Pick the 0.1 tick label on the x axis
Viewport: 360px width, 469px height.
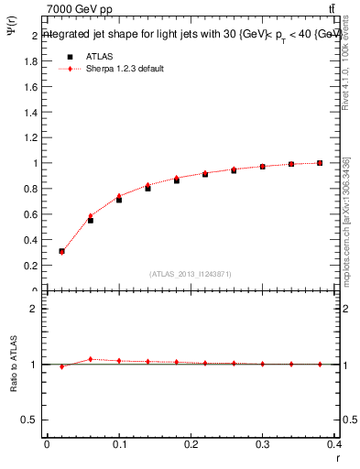click(x=119, y=444)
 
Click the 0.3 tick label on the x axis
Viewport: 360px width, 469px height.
click(x=263, y=444)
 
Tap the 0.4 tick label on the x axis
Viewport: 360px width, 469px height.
click(x=334, y=444)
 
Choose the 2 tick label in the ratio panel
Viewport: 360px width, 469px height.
click(x=35, y=309)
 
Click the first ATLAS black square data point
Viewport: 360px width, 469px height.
click(x=61, y=251)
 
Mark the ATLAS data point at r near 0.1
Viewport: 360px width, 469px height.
click(x=119, y=199)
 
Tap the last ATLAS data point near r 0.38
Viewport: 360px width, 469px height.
click(x=320, y=163)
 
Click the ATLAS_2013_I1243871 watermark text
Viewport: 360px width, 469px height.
click(x=191, y=274)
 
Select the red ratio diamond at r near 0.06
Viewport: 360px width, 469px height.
click(x=90, y=359)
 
